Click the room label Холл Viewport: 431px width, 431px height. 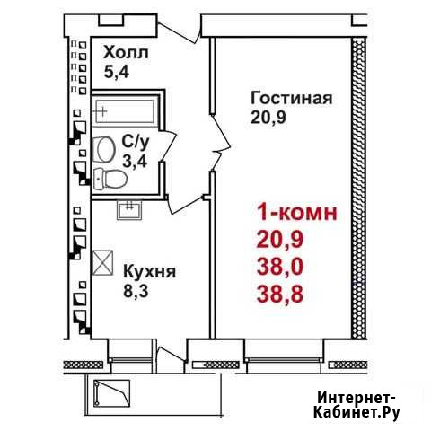point(126,53)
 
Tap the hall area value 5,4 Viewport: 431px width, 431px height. point(117,72)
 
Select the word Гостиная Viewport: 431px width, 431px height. point(292,98)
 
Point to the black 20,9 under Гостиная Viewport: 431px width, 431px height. point(268,118)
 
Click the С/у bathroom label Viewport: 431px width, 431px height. point(135,143)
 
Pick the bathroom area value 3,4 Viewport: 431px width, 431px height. point(135,162)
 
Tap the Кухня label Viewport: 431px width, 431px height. point(149,271)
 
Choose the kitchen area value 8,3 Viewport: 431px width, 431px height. point(136,291)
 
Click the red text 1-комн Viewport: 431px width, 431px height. point(297,213)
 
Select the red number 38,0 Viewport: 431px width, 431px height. point(280,267)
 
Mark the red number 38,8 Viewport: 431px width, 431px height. point(280,294)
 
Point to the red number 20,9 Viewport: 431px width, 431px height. point(280,240)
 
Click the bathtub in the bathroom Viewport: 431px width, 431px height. point(125,111)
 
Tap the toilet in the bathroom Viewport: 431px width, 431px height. point(110,179)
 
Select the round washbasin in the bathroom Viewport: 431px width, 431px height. point(104,150)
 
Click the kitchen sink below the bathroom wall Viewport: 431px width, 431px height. point(129,210)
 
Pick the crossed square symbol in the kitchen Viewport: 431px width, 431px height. point(102,262)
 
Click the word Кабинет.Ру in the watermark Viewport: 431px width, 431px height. point(356,413)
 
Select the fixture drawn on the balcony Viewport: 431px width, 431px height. point(111,393)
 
